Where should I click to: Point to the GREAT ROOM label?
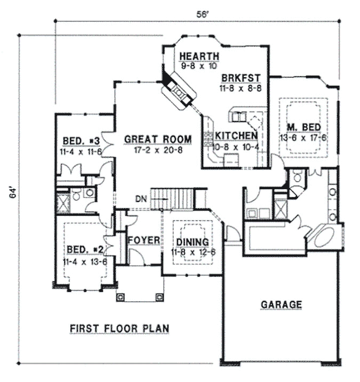tap(157, 140)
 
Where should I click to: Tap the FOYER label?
tap(143, 241)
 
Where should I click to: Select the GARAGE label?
tap(281, 304)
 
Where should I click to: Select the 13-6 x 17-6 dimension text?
tap(302, 137)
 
